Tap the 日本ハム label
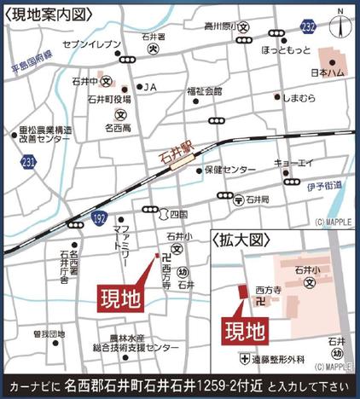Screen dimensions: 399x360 coord(325,74)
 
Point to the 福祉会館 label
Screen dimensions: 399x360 coord(205,90)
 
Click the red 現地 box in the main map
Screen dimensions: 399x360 coord(119,299)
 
